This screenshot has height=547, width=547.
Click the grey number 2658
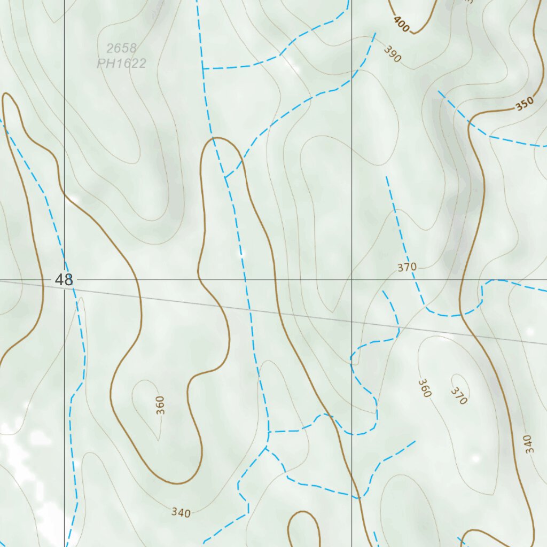pos(121,49)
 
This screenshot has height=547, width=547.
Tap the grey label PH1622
pos(121,64)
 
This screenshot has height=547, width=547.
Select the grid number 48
pos(64,279)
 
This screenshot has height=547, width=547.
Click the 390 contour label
pos(392,54)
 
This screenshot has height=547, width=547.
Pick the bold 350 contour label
pos(524,105)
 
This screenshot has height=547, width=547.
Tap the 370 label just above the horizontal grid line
pos(407,267)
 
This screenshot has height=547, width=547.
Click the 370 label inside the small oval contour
pos(459,396)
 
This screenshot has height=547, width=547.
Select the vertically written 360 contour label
pos(161,405)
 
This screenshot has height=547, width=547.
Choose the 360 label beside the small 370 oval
pos(424,388)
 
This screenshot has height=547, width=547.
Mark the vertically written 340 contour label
pos(528,444)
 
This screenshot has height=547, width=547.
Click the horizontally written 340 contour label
pos(181,513)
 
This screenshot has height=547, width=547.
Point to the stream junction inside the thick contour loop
pos(225,177)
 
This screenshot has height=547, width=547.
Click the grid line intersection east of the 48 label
pos(351,279)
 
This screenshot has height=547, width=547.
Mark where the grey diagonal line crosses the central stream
pos(249,309)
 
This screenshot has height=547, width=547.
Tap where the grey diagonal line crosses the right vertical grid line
pos(351,323)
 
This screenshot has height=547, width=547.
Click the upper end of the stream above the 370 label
pos(387,177)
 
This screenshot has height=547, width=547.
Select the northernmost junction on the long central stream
pos(203,69)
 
